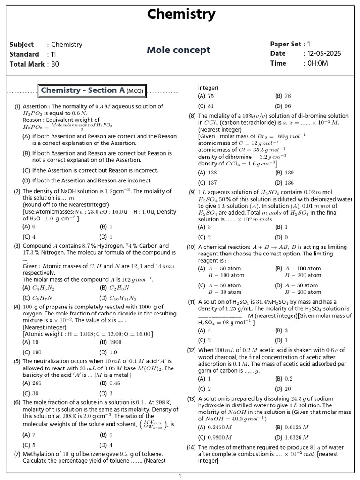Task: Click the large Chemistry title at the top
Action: pyautogui.click(x=181, y=15)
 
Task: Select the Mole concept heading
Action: pyautogui.click(x=179, y=50)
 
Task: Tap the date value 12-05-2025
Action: pyautogui.click(x=324, y=53)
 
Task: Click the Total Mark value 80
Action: pyautogui.click(x=55, y=64)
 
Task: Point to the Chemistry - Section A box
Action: pyautogui.click(x=93, y=90)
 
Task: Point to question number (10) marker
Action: pyautogui.click(x=191, y=247)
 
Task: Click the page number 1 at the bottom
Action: pyautogui.click(x=180, y=476)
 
